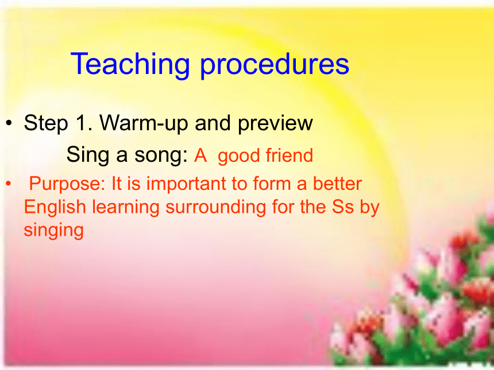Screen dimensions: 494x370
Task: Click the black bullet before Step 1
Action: click(9, 123)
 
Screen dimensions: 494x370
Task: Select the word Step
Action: click(46, 123)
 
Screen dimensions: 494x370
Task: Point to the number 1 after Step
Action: click(83, 122)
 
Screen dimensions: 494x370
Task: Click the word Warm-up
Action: click(144, 123)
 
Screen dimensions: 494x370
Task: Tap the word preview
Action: click(275, 123)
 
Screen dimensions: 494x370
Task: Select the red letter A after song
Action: click(200, 155)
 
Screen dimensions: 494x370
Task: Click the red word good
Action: click(238, 156)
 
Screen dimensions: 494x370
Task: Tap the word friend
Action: click(289, 155)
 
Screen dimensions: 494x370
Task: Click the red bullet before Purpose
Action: click(9, 183)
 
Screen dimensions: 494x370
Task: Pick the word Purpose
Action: click(67, 184)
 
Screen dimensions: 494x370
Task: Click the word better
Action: click(337, 184)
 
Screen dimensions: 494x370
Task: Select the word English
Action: click(55, 208)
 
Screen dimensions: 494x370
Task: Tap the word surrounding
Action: click(216, 208)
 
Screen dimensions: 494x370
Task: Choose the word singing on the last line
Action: click(54, 231)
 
